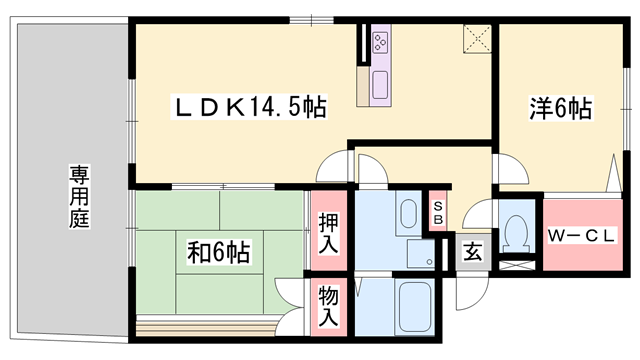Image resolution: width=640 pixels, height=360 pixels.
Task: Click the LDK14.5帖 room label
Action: coord(251,105)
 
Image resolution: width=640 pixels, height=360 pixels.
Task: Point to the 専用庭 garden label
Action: coord(79,196)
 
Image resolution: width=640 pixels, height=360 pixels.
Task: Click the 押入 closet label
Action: coord(327,233)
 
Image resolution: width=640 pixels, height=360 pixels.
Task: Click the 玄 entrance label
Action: coord(472,251)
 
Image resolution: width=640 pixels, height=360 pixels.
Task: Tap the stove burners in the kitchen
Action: coord(382,41)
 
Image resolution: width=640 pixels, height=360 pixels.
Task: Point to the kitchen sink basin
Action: coord(380,83)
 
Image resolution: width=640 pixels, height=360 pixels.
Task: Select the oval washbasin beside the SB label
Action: coord(408,213)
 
